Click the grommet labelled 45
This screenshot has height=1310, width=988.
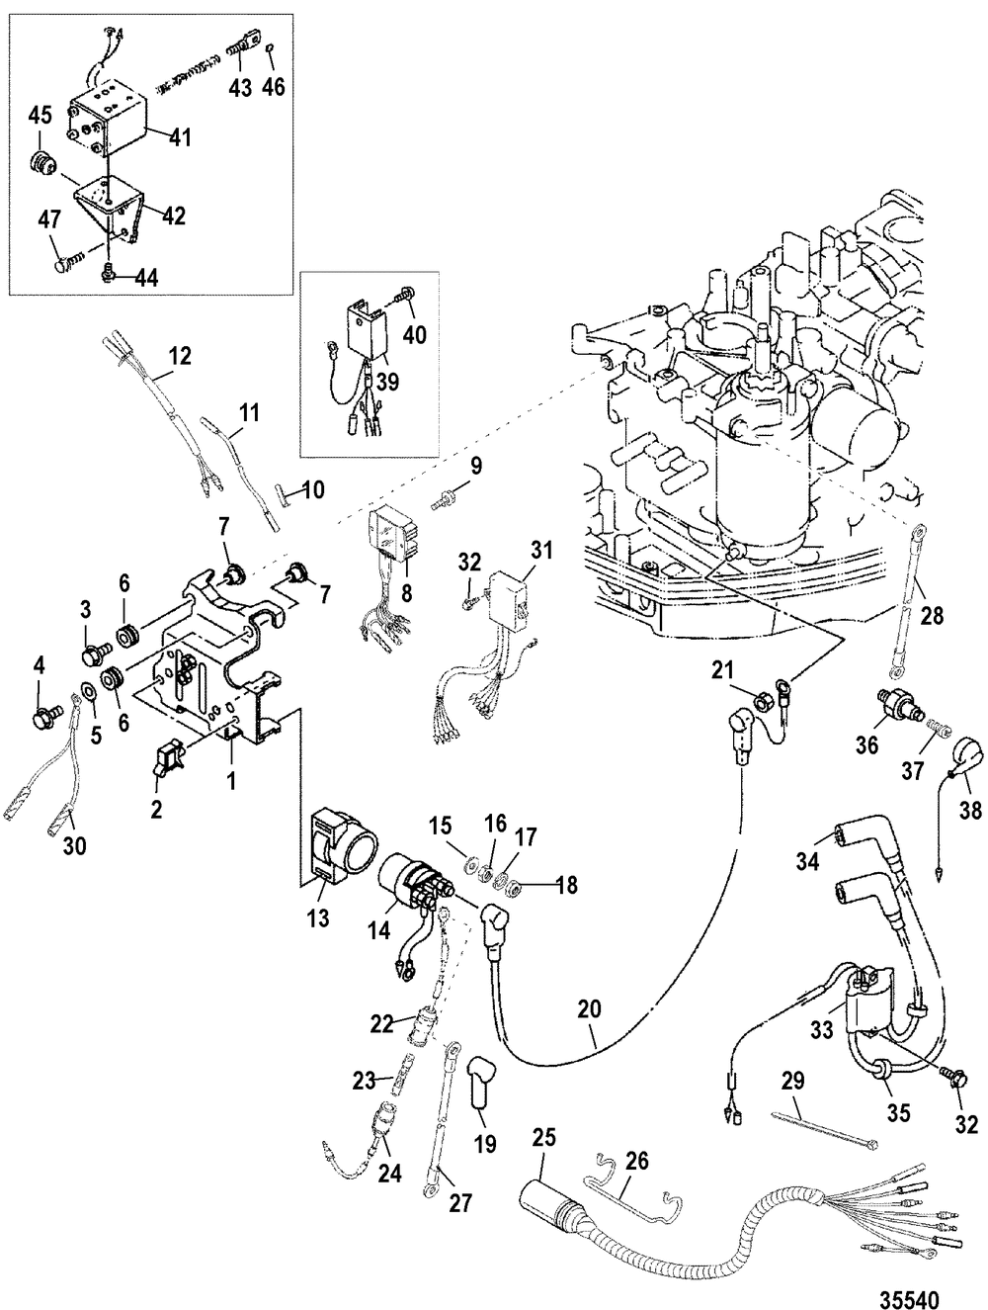pyautogui.click(x=42, y=160)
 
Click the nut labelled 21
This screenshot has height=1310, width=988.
pyautogui.click(x=763, y=702)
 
